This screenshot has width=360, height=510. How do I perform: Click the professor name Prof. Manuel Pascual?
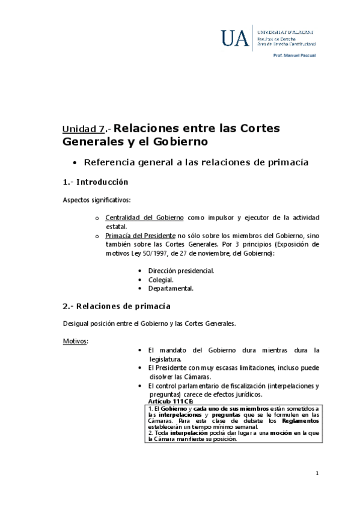294,55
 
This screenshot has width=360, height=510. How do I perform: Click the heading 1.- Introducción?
96,182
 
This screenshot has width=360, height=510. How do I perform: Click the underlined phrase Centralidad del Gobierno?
137,217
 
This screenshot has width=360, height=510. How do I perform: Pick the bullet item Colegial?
160,280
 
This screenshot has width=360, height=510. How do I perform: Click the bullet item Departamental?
171,289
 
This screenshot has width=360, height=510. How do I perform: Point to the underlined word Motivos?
75,341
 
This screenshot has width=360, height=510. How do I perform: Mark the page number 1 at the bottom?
317,474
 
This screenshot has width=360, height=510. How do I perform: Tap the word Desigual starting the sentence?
75,324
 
